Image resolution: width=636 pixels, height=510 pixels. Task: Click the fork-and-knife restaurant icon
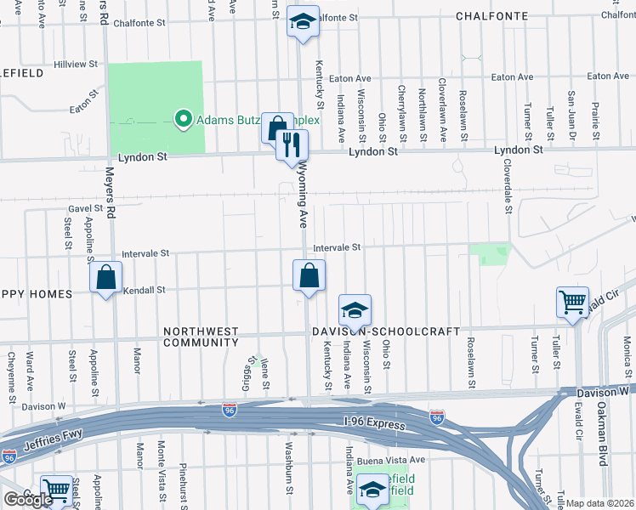(x=292, y=145)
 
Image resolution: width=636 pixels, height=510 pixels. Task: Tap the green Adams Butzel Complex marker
(x=182, y=120)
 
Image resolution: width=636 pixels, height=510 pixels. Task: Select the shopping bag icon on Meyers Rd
(x=105, y=278)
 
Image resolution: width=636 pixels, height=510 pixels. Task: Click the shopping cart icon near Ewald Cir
(x=572, y=301)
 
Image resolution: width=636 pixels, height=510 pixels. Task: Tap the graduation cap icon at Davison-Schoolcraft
(x=355, y=309)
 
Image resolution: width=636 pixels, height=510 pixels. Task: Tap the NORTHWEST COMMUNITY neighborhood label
(x=201, y=337)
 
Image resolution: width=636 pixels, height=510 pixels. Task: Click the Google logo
(x=28, y=500)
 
